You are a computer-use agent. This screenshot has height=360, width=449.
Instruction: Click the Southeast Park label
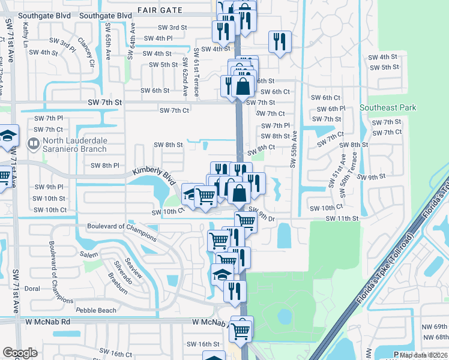click(387, 107)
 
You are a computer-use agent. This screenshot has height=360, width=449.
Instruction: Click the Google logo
click(20, 353)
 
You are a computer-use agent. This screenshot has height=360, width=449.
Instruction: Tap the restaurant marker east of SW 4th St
click(280, 41)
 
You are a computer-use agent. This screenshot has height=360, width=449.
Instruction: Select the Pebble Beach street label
click(96, 310)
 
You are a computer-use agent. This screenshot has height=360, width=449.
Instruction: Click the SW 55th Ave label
click(295, 150)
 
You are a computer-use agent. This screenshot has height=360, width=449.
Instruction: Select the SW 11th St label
click(342, 218)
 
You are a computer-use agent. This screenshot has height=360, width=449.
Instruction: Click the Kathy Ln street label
click(26, 35)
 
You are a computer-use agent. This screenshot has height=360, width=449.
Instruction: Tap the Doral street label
click(32, 289)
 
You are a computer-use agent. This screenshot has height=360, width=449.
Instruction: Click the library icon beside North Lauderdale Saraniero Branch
click(33, 144)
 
